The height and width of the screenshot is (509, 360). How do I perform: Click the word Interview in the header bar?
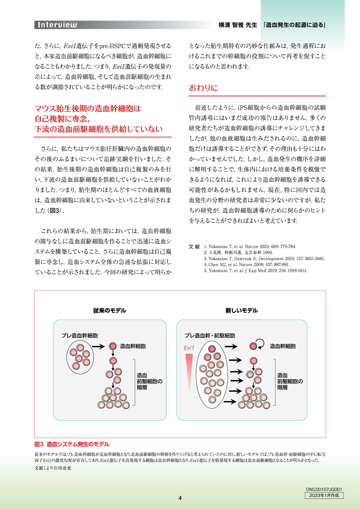pos(57,25)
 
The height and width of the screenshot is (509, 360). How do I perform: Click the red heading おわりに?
pos(203,88)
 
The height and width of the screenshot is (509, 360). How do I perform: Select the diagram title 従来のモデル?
pos(109,311)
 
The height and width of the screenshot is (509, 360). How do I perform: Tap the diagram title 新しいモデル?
pos(241,311)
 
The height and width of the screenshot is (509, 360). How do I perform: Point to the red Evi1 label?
pos(189,348)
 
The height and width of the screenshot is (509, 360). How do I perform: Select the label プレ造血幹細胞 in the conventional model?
pos(80,335)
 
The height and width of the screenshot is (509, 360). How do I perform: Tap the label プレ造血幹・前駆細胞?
pos(210,335)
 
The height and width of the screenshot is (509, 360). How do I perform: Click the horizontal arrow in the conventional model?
pos(98,346)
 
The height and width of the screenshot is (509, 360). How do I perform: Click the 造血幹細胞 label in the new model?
pos(283,346)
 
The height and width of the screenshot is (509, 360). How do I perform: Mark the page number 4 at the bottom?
pos(180,498)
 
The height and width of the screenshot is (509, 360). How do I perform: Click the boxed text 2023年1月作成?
pos(324,495)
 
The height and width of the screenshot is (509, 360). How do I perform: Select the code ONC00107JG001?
pos(324,489)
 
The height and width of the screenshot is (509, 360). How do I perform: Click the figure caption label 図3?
pos(39,444)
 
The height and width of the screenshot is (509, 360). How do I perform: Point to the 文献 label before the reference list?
pos(194,247)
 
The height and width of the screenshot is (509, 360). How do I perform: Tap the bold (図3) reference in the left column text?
pos(55,211)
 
